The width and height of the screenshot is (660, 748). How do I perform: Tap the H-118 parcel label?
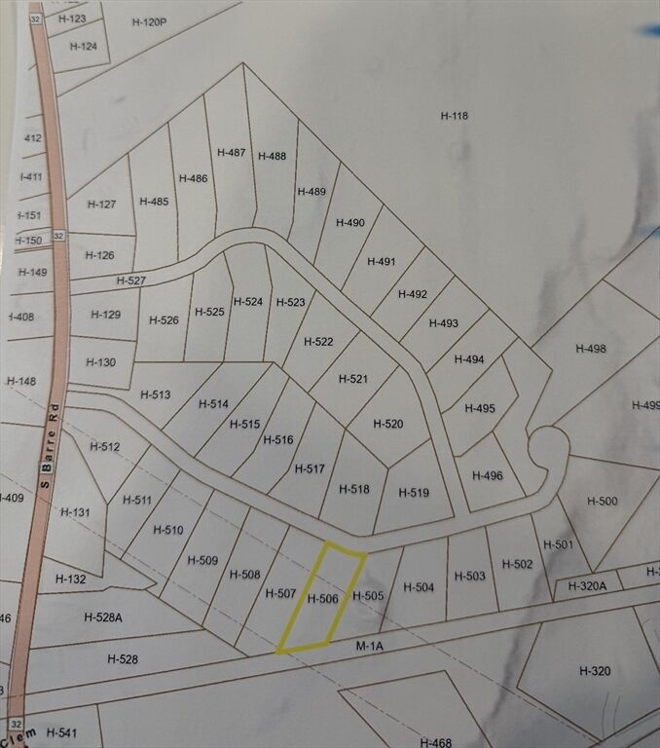455,116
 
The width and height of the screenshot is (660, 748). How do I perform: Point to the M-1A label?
369,644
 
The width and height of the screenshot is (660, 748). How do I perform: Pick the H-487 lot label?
232,152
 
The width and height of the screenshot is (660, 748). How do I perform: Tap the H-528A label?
103,617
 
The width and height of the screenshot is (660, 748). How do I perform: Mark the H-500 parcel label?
603,501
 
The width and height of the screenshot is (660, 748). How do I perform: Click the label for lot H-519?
414,493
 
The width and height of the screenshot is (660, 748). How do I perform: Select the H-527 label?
130,280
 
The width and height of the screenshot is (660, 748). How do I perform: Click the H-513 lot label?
155,394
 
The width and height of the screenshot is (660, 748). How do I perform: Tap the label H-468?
436,742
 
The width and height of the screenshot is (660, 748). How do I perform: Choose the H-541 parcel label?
60,732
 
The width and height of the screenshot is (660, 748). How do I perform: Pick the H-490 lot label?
350,223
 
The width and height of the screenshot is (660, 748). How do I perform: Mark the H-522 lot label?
318,342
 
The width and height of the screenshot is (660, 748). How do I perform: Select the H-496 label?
487,475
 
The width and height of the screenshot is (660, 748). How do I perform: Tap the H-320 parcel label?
594,671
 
